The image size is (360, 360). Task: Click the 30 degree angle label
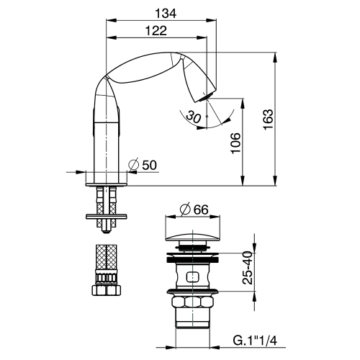(x=191, y=115)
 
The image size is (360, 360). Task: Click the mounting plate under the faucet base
(x=106, y=215)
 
